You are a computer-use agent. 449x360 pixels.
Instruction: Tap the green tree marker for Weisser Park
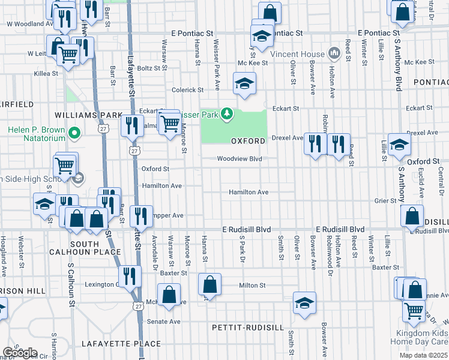[x=226, y=113]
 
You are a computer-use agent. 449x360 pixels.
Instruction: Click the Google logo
[x=19, y=353]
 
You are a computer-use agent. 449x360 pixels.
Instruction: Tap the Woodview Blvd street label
[x=240, y=159]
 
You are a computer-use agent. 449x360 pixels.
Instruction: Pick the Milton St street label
[x=252, y=286]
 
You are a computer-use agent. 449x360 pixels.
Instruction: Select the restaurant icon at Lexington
[x=129, y=277]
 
